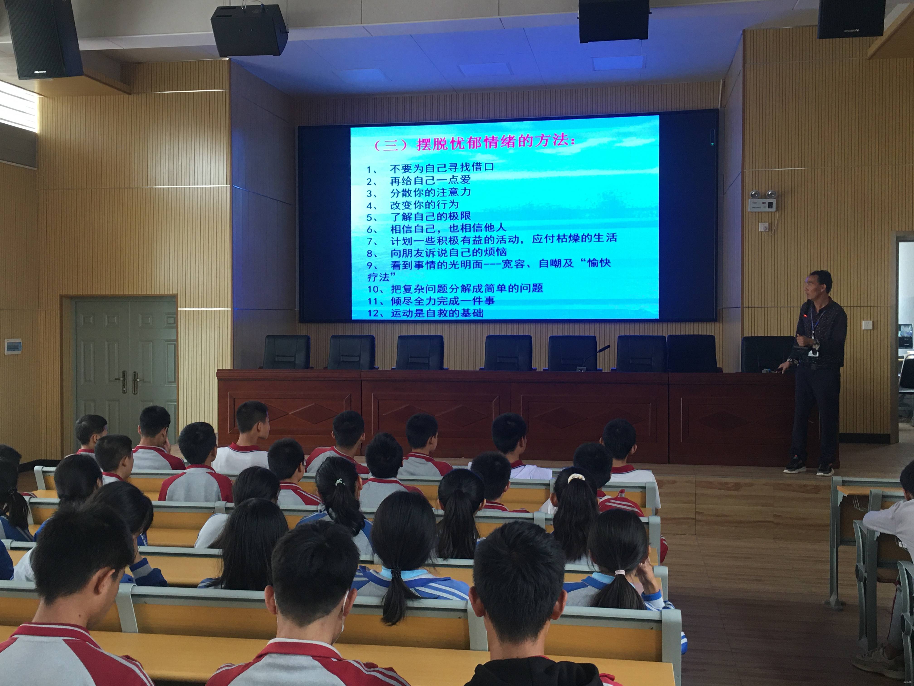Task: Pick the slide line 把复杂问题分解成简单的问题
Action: [467, 288]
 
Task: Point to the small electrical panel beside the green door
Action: [13, 346]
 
